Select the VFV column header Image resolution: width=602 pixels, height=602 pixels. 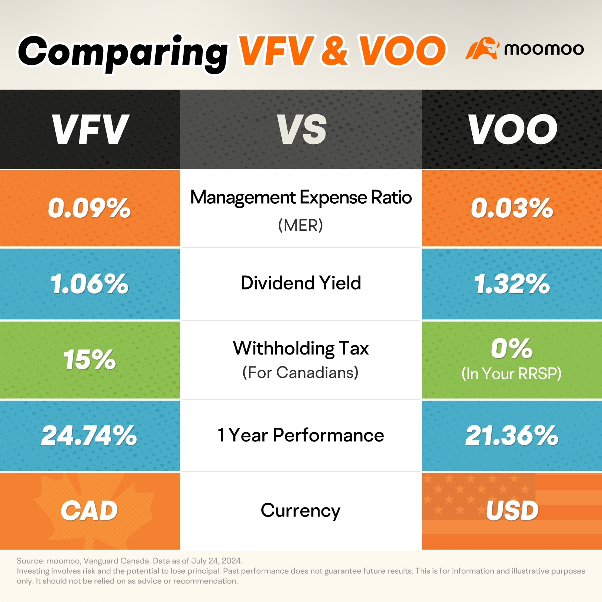pyautogui.click(x=90, y=129)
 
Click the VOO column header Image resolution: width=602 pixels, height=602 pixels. pyautogui.click(x=512, y=129)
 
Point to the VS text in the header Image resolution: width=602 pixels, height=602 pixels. pyautogui.click(x=301, y=129)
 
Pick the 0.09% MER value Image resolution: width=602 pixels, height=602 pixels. pyautogui.click(x=89, y=208)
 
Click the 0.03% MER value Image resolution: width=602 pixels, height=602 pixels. pyautogui.click(x=512, y=208)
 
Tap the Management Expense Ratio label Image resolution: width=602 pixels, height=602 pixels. pyautogui.click(x=301, y=197)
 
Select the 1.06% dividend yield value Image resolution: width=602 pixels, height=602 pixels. pyautogui.click(x=90, y=284)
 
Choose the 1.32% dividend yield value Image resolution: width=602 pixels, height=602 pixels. pyautogui.click(x=512, y=284)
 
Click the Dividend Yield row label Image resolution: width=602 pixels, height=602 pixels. pyautogui.click(x=301, y=283)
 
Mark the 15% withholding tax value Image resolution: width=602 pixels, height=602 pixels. pyautogui.click(x=90, y=360)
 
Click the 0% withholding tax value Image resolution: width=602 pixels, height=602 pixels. pyautogui.click(x=512, y=349)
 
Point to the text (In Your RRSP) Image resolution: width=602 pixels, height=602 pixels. pyautogui.click(x=511, y=374)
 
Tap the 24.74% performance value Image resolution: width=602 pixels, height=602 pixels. pyautogui.click(x=89, y=436)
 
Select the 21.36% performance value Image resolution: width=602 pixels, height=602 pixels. pyautogui.click(x=512, y=436)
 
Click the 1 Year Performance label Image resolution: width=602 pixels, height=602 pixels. pyautogui.click(x=301, y=435)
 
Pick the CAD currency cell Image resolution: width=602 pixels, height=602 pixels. pyautogui.click(x=89, y=511)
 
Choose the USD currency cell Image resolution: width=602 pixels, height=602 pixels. pyautogui.click(x=512, y=511)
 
